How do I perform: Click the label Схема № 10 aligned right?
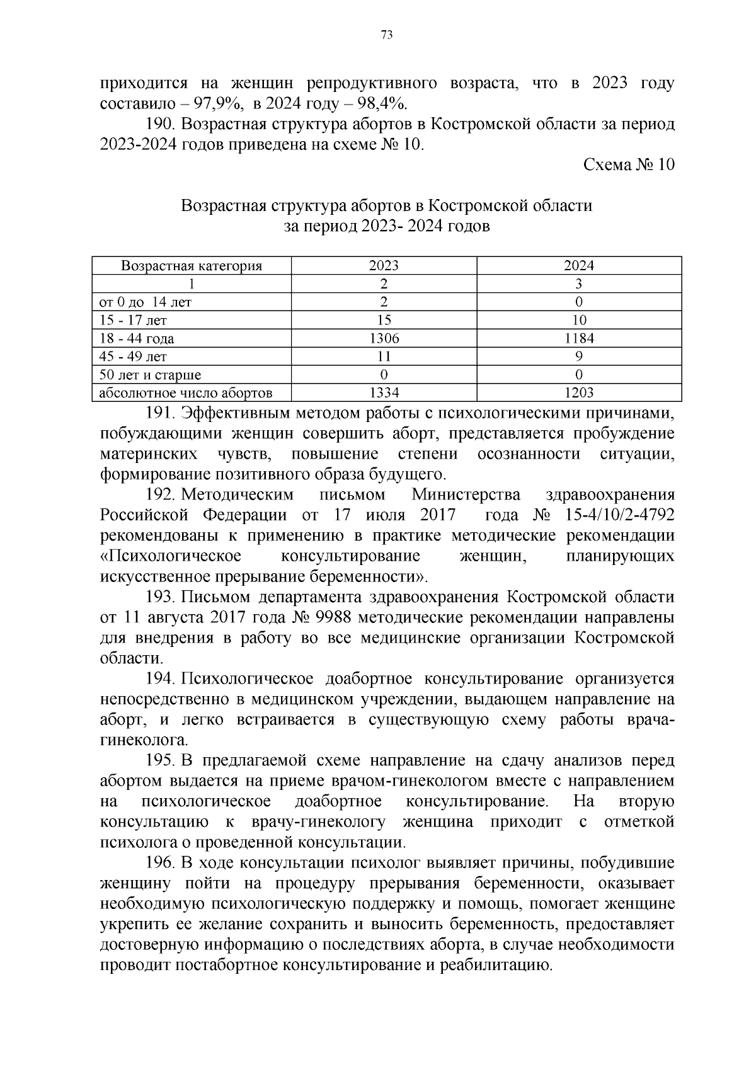[629, 165]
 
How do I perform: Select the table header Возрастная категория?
[192, 266]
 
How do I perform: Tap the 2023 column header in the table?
[384, 266]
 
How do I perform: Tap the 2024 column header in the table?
[578, 266]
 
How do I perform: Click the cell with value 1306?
[384, 338]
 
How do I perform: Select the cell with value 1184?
[578, 338]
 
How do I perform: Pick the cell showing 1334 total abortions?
[384, 393]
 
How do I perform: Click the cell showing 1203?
[578, 393]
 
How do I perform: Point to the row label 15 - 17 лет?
[130, 321]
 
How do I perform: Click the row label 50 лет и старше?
[151, 375]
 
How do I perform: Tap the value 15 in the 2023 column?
[384, 321]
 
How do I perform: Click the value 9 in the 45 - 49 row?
[578, 357]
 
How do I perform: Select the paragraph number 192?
[160, 494]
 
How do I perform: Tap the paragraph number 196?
[160, 863]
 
